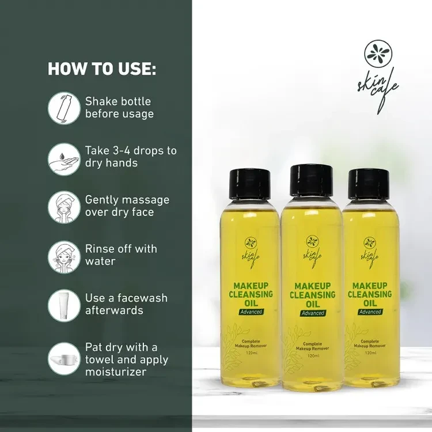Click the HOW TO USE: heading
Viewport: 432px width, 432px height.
102,69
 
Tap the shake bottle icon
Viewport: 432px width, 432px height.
64,108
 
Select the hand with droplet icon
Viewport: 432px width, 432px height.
64,159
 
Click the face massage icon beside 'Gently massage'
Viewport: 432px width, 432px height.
64,207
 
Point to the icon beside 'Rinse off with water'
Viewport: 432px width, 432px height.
64,257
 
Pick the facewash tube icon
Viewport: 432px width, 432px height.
64,305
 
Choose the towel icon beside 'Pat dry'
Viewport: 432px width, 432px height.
64,359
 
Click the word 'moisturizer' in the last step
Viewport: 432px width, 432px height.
116,372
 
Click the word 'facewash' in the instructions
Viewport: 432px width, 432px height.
142,298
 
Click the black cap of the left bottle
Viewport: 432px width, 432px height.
250,184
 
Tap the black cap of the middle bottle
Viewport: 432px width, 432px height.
312,181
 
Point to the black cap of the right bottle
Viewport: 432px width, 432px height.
369,184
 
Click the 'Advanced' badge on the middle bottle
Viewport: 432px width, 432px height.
313,313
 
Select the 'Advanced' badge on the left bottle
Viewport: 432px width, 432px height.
251,312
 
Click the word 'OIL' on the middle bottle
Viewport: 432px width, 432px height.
313,304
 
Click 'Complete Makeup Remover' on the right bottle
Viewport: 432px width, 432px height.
370,343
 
